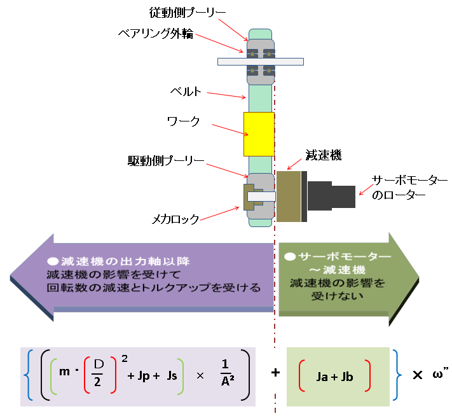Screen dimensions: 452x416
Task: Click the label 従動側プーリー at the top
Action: click(187, 13)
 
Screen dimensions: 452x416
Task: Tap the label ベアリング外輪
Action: click(156, 34)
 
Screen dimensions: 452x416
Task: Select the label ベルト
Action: click(186, 92)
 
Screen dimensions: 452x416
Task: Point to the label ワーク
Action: click(183, 121)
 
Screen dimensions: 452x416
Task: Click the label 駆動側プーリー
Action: click(166, 161)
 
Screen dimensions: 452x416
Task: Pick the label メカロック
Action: click(175, 219)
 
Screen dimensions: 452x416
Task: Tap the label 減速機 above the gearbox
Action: click(324, 155)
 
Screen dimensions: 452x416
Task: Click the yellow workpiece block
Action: click(259, 134)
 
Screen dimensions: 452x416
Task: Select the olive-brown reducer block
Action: click(289, 197)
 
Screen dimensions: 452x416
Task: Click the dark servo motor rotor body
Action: click(331, 196)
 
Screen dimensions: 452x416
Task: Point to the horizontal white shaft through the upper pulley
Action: click(261, 62)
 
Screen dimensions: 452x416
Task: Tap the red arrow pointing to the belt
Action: click(226, 95)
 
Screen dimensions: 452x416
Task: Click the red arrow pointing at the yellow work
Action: click(230, 130)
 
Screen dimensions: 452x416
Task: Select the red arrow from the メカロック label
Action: click(220, 214)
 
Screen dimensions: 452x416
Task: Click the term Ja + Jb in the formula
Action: click(334, 377)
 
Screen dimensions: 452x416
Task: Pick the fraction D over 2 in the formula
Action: click(99, 373)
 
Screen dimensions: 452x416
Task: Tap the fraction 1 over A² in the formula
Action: click(227, 373)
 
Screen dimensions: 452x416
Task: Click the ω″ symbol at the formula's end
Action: click(441, 373)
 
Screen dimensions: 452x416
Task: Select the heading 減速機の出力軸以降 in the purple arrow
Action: click(125, 261)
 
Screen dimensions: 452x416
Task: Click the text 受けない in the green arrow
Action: click(338, 296)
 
